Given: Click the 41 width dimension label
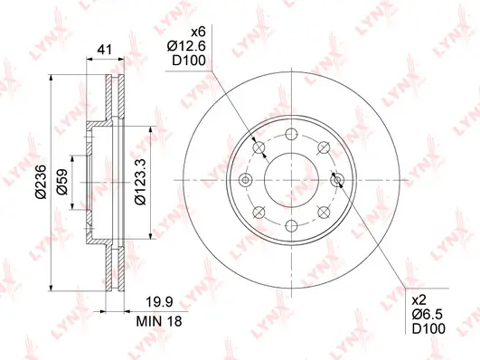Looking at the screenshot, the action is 105,49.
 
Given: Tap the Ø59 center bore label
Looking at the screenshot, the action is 62,182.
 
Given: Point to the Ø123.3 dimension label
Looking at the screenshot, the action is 140,182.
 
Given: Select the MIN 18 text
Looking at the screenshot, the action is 159,321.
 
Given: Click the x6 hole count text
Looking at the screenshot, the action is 199,32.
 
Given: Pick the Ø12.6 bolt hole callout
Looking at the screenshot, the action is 186,46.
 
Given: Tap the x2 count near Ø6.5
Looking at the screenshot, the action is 419,300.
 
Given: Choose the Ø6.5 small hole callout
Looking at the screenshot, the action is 428,315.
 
